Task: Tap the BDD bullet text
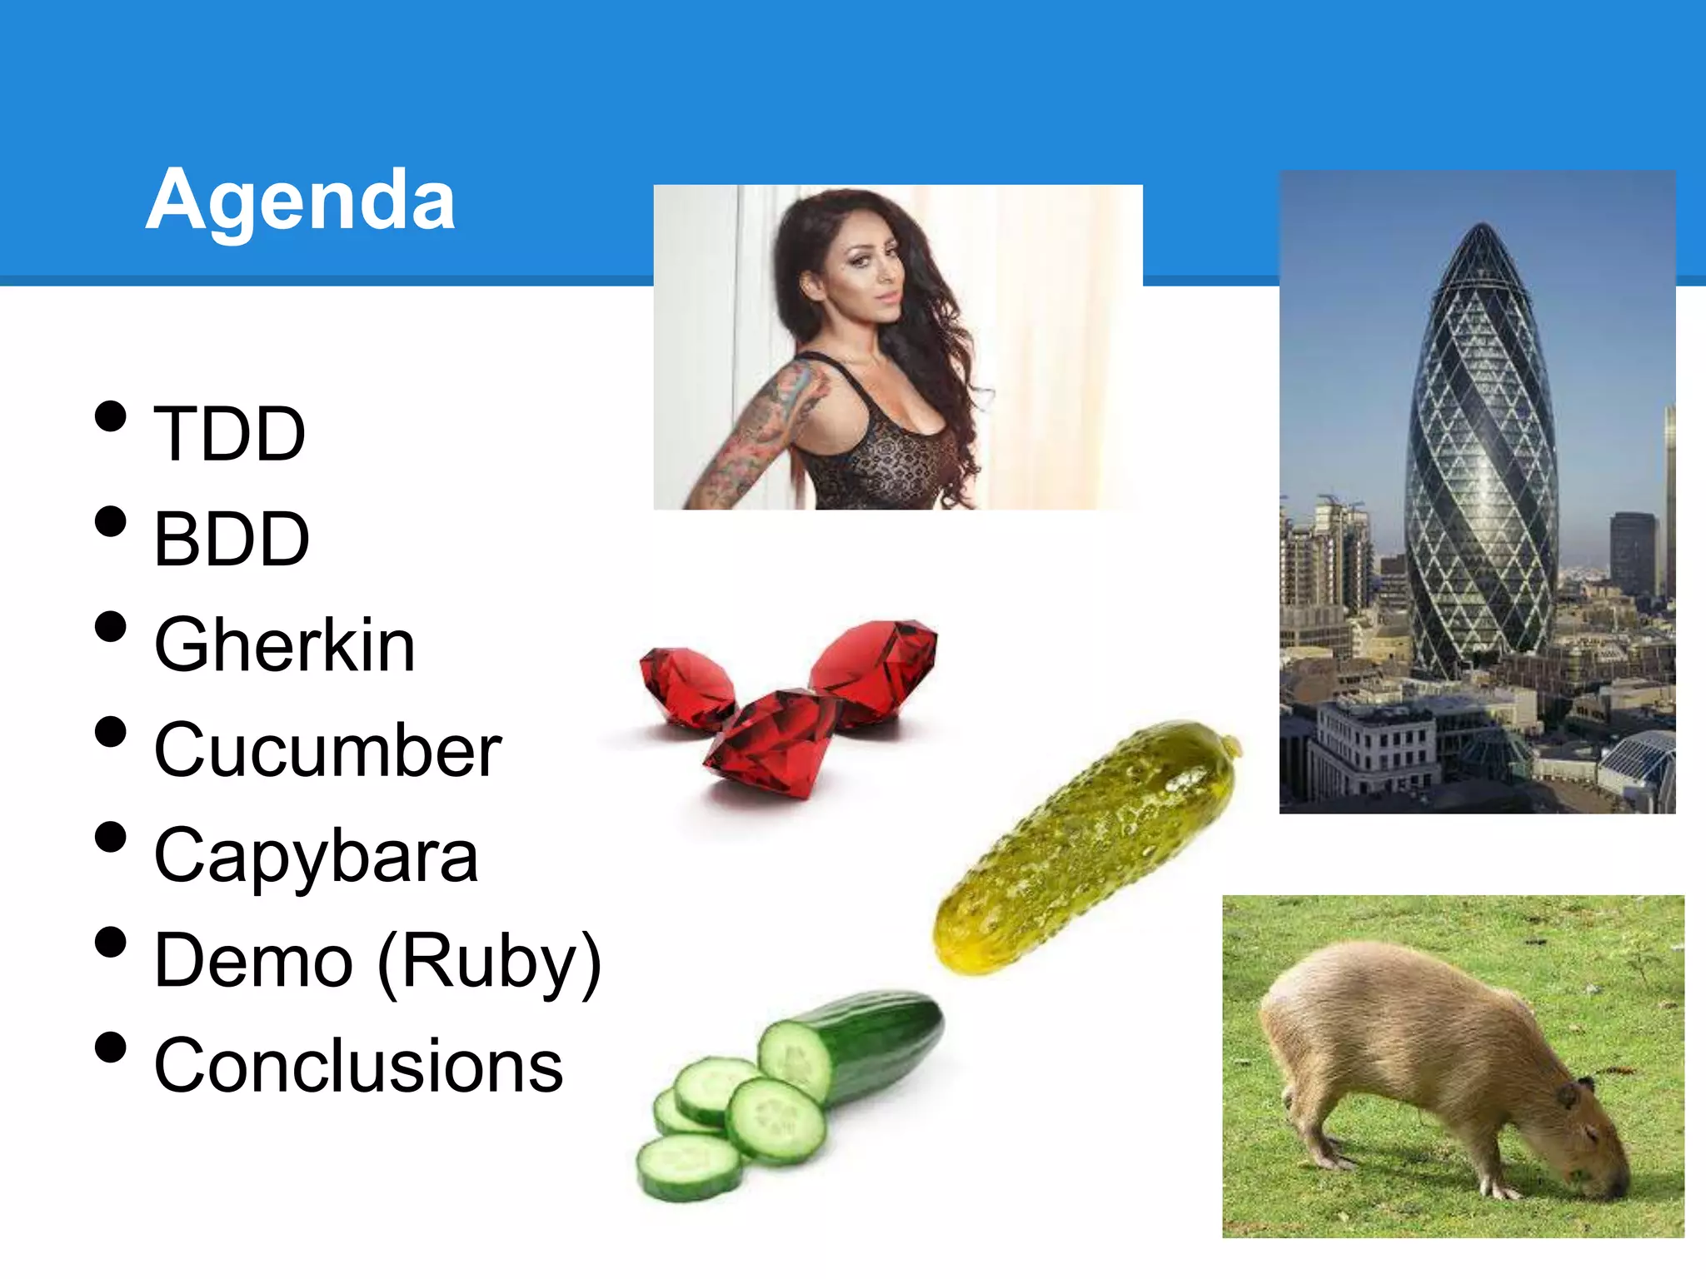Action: (232, 540)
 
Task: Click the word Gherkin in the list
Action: (285, 644)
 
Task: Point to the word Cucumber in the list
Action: (327, 750)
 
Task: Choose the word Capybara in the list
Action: (317, 856)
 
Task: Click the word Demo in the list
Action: (254, 961)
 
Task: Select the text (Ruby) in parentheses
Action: (489, 963)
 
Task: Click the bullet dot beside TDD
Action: (111, 416)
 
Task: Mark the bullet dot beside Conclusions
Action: (111, 1048)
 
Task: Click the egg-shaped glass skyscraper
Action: (1481, 466)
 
